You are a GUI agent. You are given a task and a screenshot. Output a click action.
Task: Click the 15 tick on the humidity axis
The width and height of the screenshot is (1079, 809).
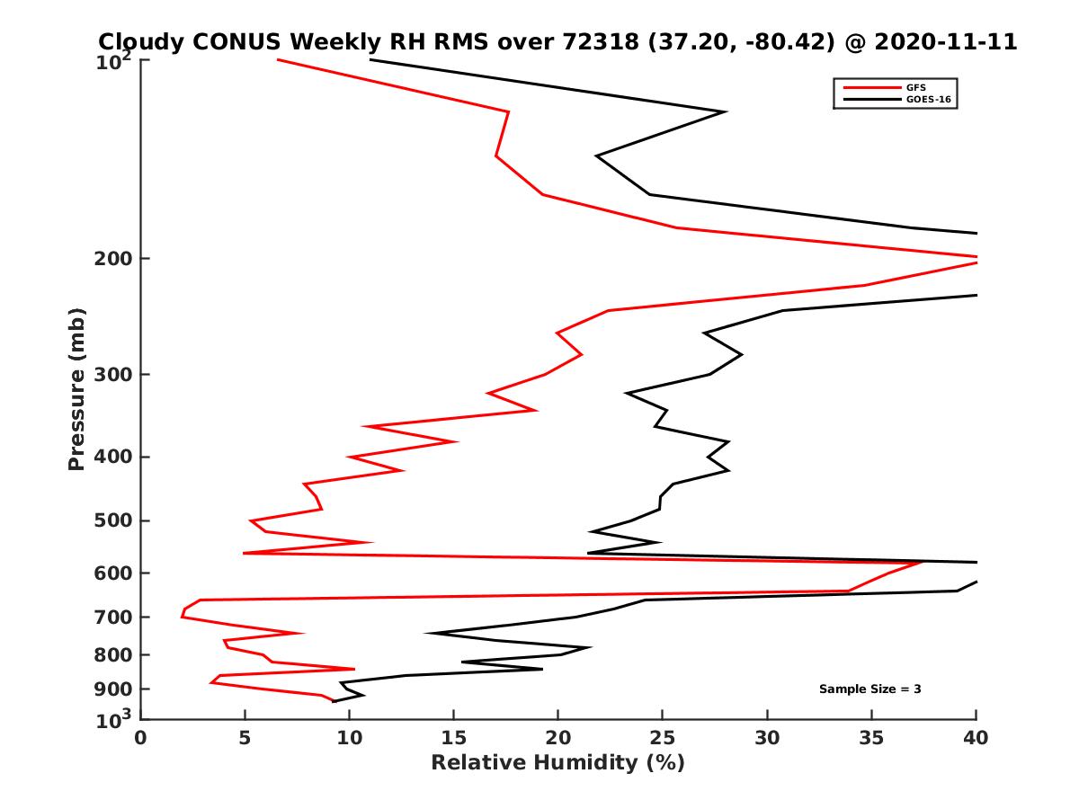coord(453,738)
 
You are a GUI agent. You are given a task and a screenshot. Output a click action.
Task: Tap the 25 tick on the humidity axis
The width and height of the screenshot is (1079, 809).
coord(663,738)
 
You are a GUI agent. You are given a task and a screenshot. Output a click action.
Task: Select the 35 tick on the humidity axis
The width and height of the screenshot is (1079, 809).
coord(871,738)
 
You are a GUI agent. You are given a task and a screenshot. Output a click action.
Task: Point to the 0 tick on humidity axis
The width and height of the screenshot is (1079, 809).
coord(141,738)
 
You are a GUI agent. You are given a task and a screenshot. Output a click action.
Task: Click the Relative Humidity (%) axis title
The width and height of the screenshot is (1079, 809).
coord(557,763)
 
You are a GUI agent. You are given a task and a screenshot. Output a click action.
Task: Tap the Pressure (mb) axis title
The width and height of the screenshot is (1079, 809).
coord(76,388)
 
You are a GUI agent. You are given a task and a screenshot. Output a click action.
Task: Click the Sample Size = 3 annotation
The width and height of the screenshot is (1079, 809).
coord(869,689)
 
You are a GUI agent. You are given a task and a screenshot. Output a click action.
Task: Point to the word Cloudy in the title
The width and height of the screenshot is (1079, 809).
coord(142,41)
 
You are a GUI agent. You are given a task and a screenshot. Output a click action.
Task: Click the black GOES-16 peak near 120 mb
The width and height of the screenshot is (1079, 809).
coord(725,111)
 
